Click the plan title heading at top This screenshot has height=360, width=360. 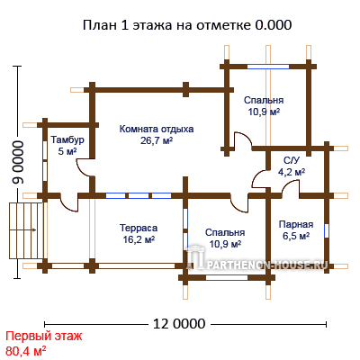click(187, 25)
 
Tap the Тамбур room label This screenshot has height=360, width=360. click(67, 139)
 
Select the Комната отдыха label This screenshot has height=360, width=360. click(157, 129)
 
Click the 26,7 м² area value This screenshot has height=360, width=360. click(157, 140)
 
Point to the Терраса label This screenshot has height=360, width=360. click(139, 228)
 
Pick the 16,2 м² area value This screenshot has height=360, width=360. click(139, 239)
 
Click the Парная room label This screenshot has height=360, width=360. click(296, 224)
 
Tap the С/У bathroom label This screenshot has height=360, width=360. click(292, 161)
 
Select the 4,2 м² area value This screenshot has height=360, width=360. click(292, 172)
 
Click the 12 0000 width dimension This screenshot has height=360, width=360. click(179, 324)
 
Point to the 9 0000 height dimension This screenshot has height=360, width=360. click(18, 162)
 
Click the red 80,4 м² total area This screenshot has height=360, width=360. click(26, 350)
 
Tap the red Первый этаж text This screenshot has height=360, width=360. click(44, 337)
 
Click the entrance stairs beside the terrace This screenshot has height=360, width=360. click(27, 230)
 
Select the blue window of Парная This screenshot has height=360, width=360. click(327, 230)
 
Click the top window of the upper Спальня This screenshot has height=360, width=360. click(268, 67)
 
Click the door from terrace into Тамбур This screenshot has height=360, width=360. click(69, 202)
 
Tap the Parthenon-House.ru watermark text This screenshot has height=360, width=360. click(263, 265)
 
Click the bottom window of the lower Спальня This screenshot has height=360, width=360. click(227, 277)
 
